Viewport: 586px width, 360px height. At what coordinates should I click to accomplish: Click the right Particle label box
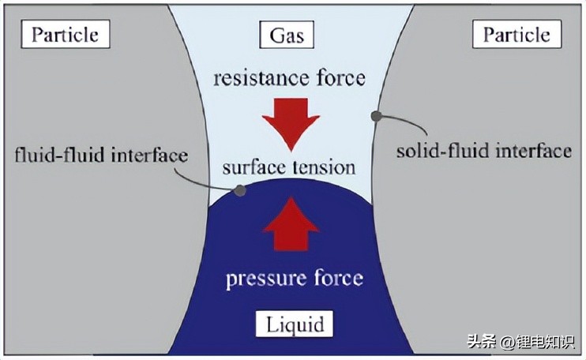coord(517,35)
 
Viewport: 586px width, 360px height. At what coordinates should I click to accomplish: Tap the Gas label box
coord(287,35)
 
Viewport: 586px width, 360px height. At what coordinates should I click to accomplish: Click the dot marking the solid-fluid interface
coord(377,116)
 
